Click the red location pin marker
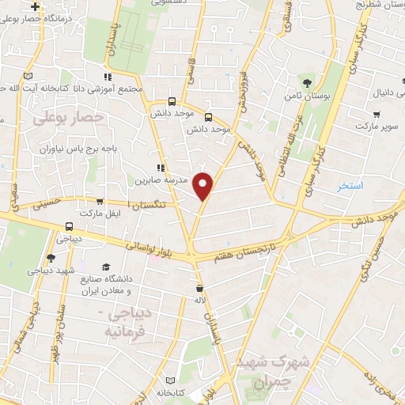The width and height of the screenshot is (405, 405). pyautogui.click(x=204, y=185)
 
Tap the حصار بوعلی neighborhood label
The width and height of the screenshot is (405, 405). pyautogui.click(x=70, y=117)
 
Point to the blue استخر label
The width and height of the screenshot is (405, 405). pyautogui.click(x=349, y=186)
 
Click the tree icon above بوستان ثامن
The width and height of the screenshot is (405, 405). pyautogui.click(x=307, y=81)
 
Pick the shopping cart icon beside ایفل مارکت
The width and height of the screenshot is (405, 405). pyautogui.click(x=100, y=201)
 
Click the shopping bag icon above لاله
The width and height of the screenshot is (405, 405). pyautogui.click(x=199, y=289)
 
